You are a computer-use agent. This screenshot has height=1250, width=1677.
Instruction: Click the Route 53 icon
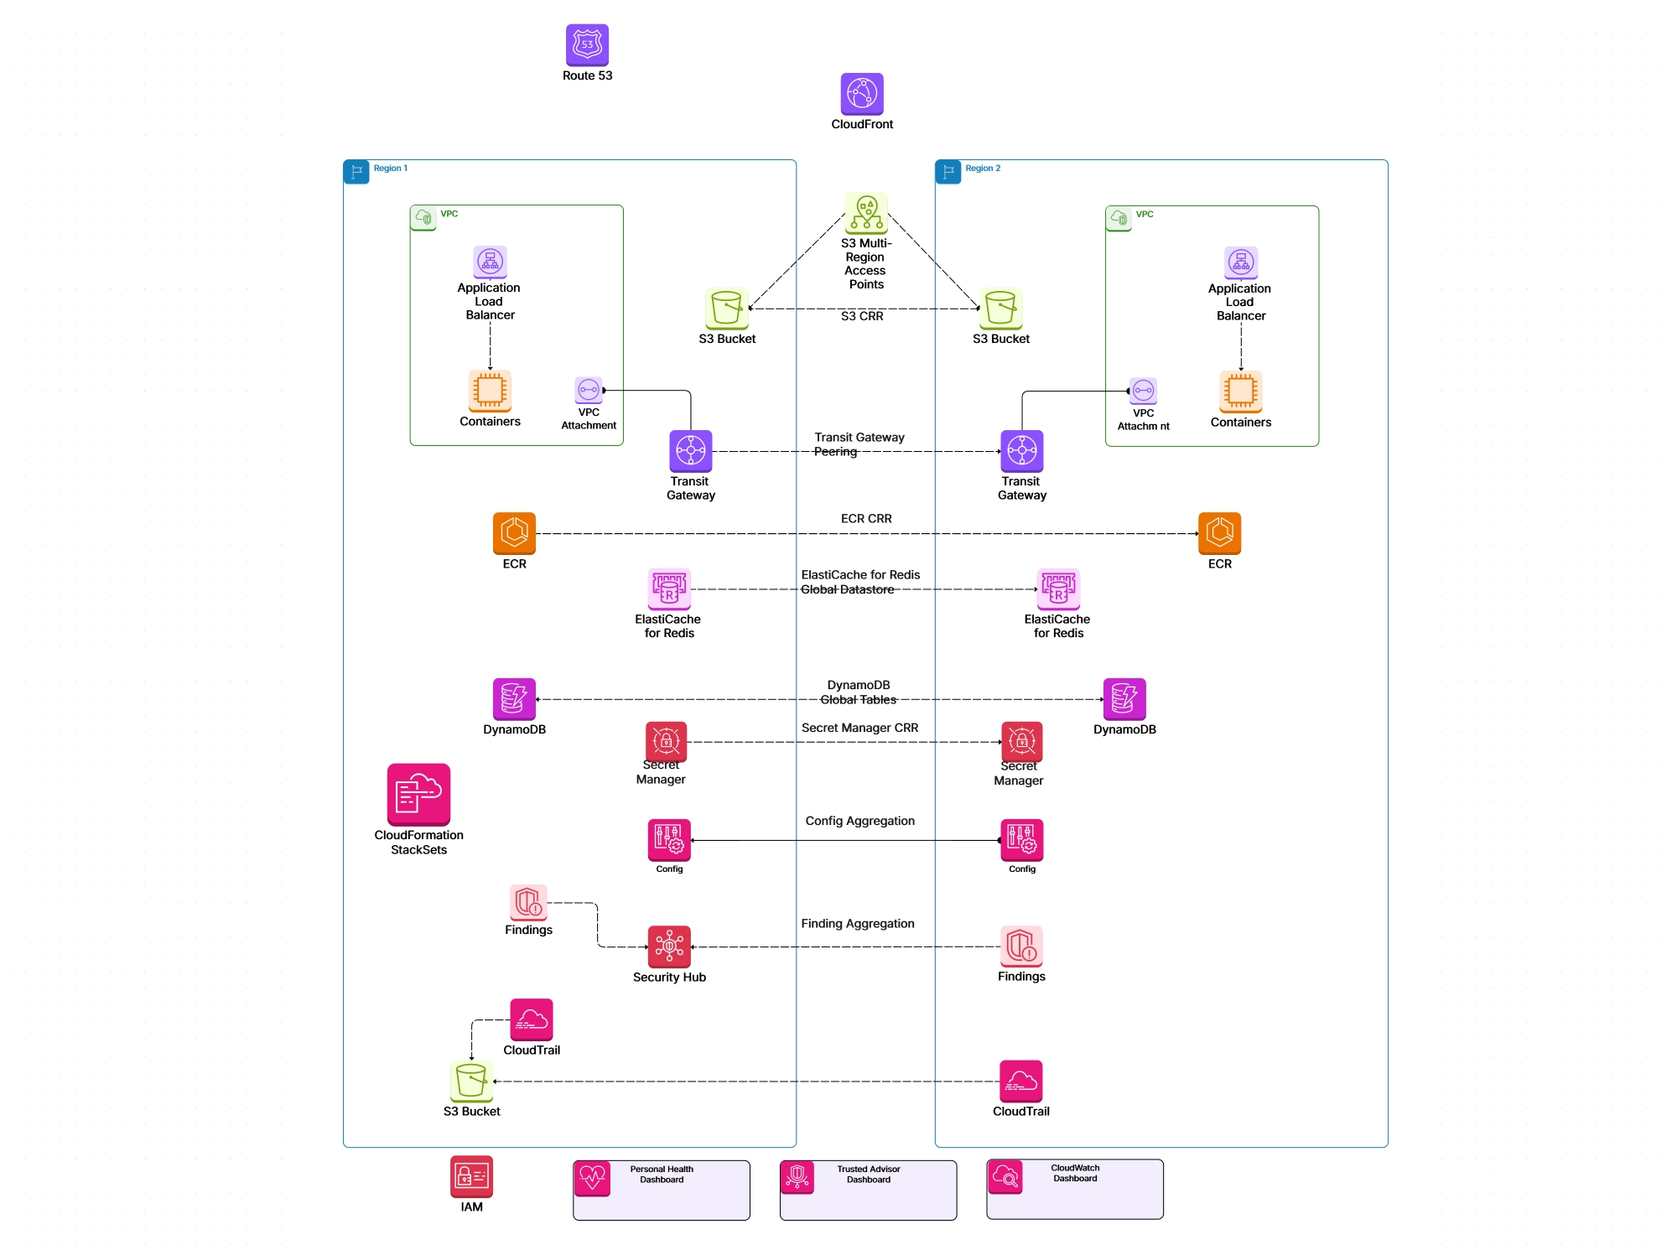587,44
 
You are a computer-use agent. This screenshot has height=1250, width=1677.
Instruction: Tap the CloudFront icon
862,93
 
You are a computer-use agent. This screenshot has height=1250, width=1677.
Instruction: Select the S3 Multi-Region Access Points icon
866,213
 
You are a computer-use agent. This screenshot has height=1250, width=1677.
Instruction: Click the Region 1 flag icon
356,172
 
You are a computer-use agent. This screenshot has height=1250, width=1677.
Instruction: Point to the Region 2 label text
983,169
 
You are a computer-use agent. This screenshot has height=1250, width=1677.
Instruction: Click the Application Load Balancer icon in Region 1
490,262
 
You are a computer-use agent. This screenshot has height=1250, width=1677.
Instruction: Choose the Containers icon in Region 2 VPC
1240,391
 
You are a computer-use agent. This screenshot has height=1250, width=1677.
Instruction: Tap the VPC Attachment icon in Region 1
589,390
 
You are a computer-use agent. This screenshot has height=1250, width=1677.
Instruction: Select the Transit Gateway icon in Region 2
1021,451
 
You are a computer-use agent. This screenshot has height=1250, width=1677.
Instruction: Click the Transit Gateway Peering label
859,444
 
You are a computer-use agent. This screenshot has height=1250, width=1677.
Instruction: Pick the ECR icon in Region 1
514,533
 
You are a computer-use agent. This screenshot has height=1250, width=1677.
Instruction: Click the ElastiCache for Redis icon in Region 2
1058,589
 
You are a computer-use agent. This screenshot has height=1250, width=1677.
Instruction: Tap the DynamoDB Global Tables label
859,692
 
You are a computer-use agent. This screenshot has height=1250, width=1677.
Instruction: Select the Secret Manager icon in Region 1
666,741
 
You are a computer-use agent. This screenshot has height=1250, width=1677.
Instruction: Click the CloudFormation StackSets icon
418,794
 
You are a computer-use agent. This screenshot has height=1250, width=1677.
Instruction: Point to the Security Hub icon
669,947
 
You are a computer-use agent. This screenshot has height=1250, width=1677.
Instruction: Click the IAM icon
471,1177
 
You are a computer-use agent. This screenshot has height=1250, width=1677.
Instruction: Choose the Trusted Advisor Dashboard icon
797,1177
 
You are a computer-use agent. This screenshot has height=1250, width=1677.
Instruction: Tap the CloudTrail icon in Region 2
1020,1081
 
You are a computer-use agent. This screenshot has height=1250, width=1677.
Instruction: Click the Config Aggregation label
859,821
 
